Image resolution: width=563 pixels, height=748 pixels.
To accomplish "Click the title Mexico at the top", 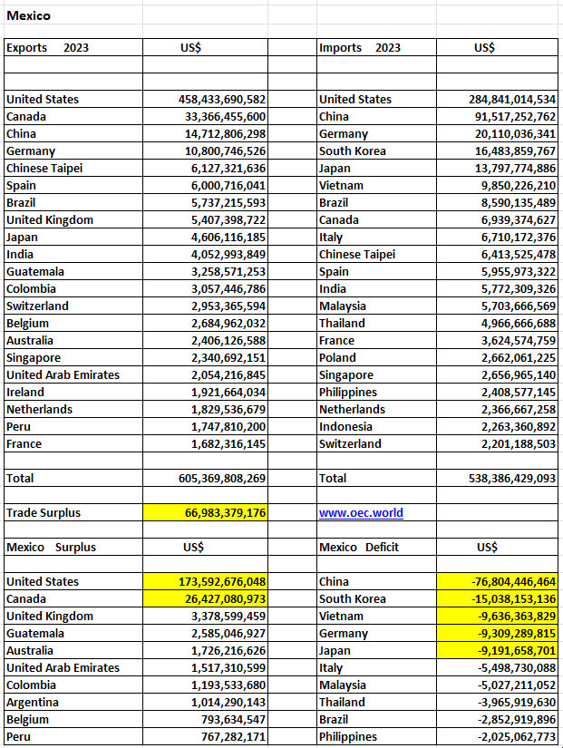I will tap(28, 15).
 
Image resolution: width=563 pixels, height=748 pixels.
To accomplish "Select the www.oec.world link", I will tap(361, 512).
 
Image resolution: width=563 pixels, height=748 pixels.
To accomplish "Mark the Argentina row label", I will tap(33, 702).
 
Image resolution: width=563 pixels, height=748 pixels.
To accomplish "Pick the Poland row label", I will tap(338, 357).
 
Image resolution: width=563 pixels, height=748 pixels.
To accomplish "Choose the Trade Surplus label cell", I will tap(44, 512).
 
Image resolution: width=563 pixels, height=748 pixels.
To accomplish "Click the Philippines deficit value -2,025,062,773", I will tap(509, 736).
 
